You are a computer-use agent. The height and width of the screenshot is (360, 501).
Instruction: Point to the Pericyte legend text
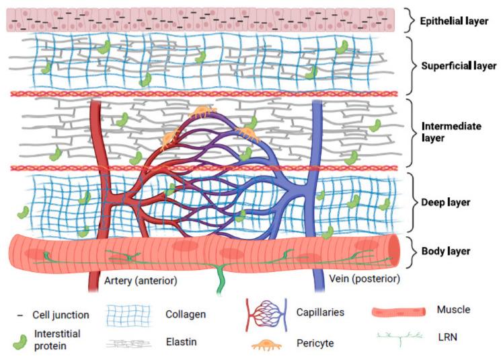point(315,343)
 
